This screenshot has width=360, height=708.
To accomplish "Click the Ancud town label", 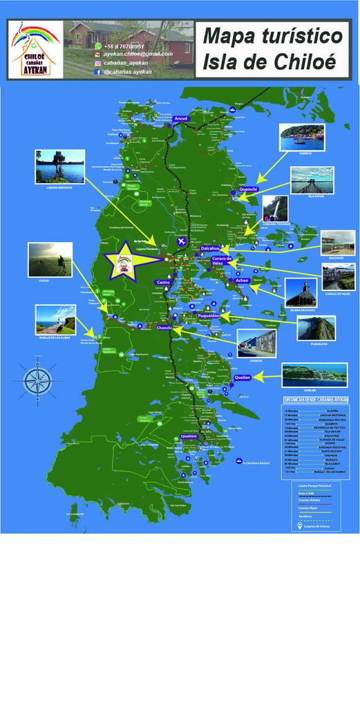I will click(x=181, y=119).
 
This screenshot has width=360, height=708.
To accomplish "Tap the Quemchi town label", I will click(x=248, y=189).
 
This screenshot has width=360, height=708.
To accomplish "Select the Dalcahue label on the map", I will click(x=210, y=248).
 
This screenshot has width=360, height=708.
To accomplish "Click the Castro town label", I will click(x=163, y=282).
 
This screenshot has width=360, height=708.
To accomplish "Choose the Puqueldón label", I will click(x=209, y=315).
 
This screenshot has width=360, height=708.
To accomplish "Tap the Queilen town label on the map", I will click(x=242, y=378).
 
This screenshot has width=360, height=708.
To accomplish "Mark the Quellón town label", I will click(x=189, y=437).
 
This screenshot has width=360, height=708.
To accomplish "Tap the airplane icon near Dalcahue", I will click(x=181, y=241).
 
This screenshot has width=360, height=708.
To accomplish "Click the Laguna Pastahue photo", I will click(x=60, y=167).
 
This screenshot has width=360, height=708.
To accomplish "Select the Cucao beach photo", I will click(x=50, y=259).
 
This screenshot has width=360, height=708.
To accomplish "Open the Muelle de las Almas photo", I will click(x=55, y=319).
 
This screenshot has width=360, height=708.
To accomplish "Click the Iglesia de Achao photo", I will click(x=301, y=292).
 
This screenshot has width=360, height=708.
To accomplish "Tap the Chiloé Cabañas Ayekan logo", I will click(x=35, y=49).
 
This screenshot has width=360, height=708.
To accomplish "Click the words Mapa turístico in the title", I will click(x=274, y=36).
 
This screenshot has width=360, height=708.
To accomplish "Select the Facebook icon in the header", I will click(x=98, y=71).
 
